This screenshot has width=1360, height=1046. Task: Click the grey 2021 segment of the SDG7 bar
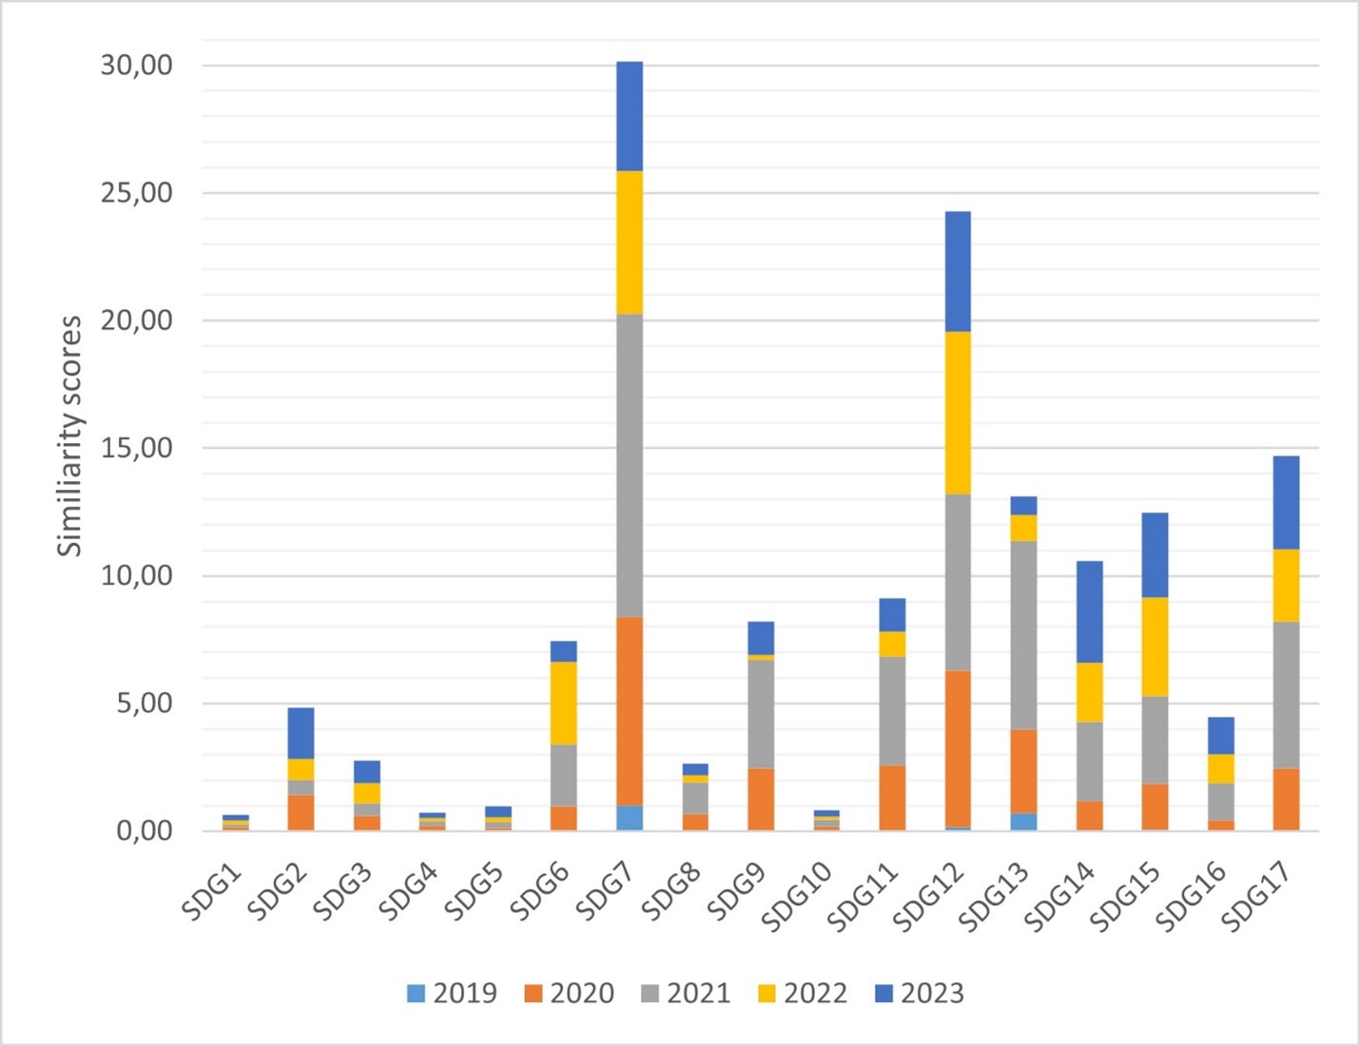[x=630, y=465]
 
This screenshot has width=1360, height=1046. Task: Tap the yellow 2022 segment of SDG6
[x=564, y=703]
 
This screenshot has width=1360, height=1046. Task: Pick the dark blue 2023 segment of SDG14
[x=1090, y=611]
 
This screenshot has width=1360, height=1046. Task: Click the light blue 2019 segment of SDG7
[x=630, y=818]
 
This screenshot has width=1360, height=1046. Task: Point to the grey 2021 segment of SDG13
[x=1024, y=634]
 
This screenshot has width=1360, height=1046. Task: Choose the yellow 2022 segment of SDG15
[x=1156, y=647]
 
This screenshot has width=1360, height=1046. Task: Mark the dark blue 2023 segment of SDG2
[x=301, y=733]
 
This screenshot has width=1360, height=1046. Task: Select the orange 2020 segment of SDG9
[x=761, y=799]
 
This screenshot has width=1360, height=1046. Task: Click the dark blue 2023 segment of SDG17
[x=1287, y=502]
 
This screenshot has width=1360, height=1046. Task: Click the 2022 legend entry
[x=803, y=994]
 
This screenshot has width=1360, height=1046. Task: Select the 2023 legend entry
[x=920, y=994]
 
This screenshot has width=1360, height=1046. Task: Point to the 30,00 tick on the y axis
[x=137, y=66]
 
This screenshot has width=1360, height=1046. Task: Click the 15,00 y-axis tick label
[x=137, y=448]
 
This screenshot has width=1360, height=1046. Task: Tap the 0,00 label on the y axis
[x=145, y=831]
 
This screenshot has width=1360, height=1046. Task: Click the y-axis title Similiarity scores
[x=69, y=436]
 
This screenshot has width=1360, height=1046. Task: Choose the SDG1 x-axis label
[x=213, y=892]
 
